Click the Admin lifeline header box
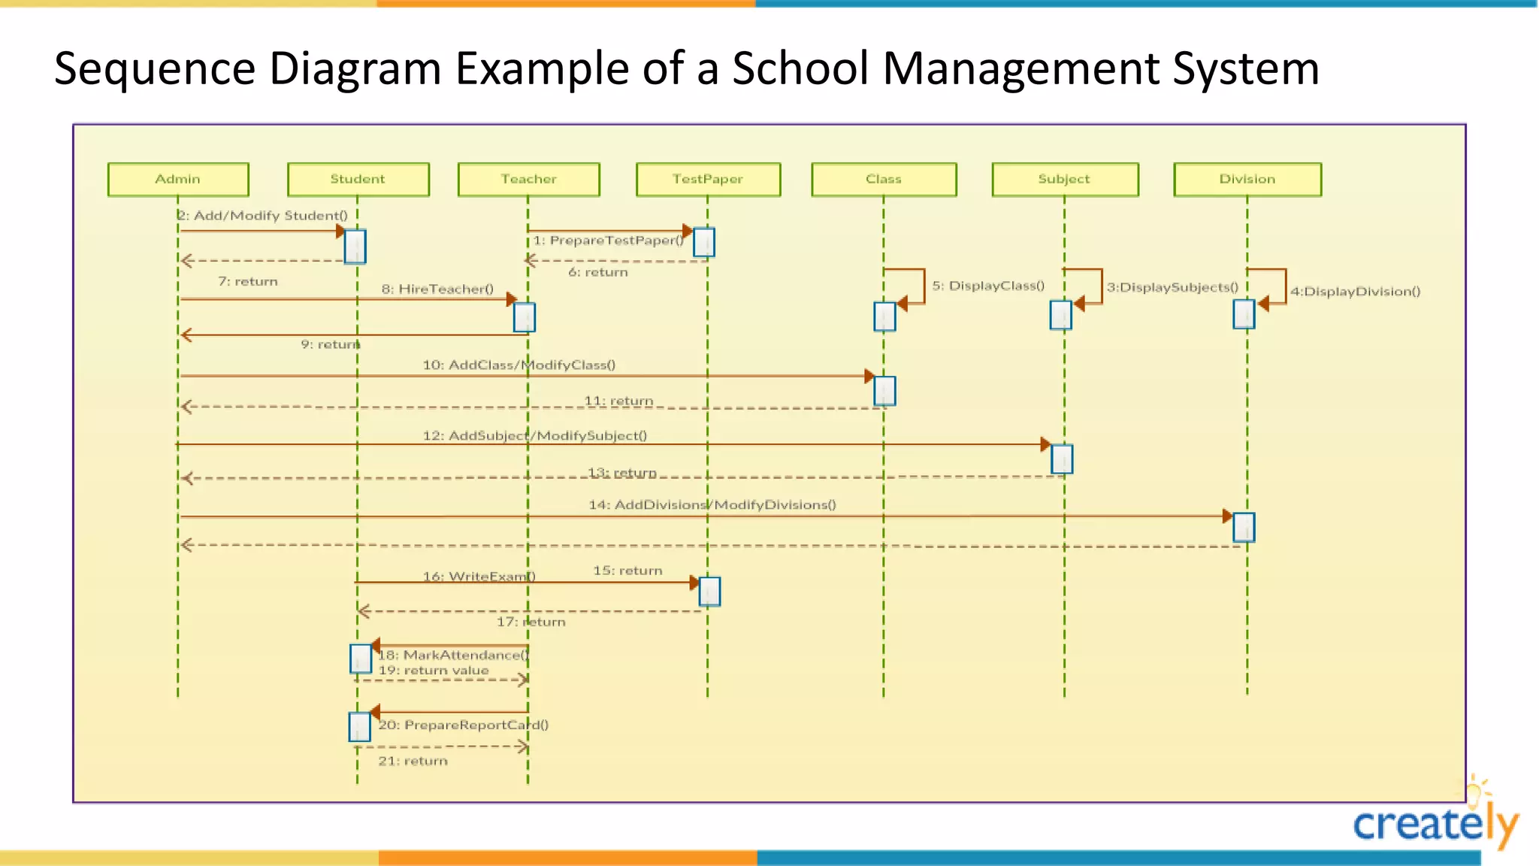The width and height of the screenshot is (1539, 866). pyautogui.click(x=178, y=179)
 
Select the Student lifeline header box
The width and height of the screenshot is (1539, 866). pyautogui.click(x=358, y=179)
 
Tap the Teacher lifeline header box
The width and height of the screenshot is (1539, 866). pyautogui.click(x=528, y=179)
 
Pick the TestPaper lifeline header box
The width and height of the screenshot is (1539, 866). pyautogui.click(x=708, y=179)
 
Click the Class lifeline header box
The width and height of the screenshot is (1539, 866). pyautogui.click(x=884, y=179)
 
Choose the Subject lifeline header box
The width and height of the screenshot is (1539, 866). pyautogui.click(x=1064, y=179)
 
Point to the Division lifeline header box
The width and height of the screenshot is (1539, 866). pyautogui.click(x=1247, y=179)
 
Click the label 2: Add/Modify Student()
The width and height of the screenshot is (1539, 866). pyautogui.click(x=263, y=216)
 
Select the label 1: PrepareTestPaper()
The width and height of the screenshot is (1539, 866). pyautogui.click(x=609, y=241)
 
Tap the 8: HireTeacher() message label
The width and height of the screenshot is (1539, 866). pyautogui.click(x=437, y=289)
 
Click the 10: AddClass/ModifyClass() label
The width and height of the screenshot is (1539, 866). pyautogui.click(x=519, y=365)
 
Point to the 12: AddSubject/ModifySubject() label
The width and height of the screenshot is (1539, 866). pyautogui.click(x=534, y=435)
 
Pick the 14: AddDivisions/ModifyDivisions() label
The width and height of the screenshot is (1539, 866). pyautogui.click(x=712, y=504)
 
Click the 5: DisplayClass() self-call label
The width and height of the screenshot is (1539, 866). pyautogui.click(x=988, y=286)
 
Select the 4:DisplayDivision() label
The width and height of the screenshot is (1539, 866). pyautogui.click(x=1355, y=292)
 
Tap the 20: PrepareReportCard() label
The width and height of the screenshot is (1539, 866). pyautogui.click(x=463, y=725)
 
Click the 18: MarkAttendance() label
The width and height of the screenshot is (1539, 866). pyautogui.click(x=453, y=655)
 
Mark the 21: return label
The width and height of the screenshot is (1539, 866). pyautogui.click(x=413, y=761)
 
